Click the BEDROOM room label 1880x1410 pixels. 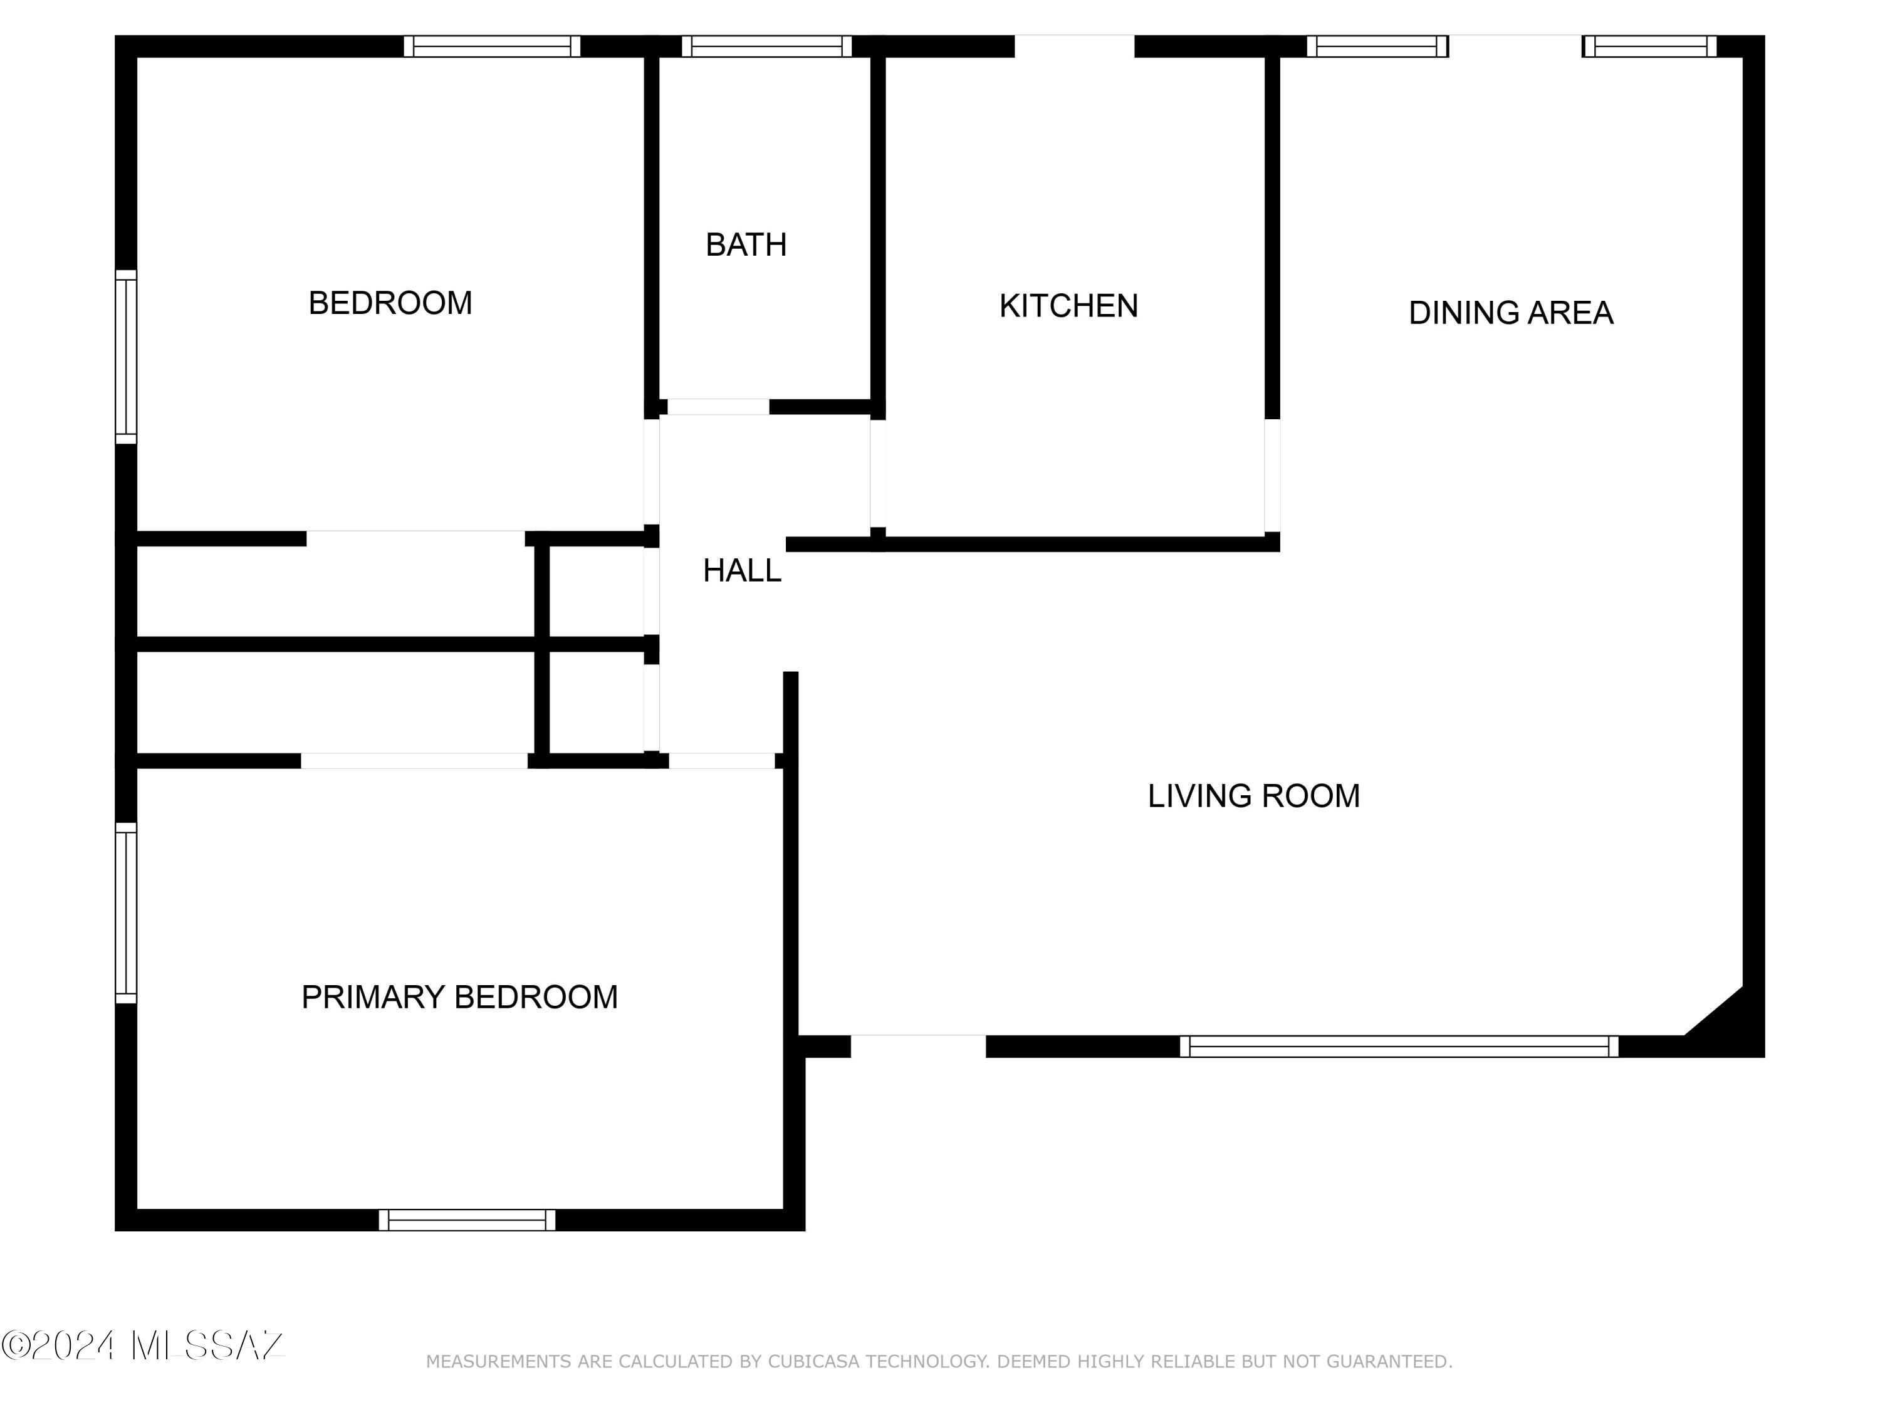point(390,303)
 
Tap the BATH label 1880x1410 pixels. point(746,245)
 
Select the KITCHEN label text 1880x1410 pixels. point(1068,306)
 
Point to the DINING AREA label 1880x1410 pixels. point(1510,313)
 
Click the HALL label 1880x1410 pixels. point(742,571)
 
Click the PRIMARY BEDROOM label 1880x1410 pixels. point(460,997)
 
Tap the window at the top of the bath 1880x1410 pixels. point(766,47)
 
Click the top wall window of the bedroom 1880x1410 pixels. point(492,47)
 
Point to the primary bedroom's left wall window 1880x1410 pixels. point(126,913)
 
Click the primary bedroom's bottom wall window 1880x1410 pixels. point(467,1219)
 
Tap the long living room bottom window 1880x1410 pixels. point(1399,1047)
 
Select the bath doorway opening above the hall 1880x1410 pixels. point(718,407)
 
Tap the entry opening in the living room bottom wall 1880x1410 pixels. point(918,1047)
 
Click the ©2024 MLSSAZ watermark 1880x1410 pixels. point(143,1345)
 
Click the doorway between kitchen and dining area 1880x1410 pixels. point(1272,476)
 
